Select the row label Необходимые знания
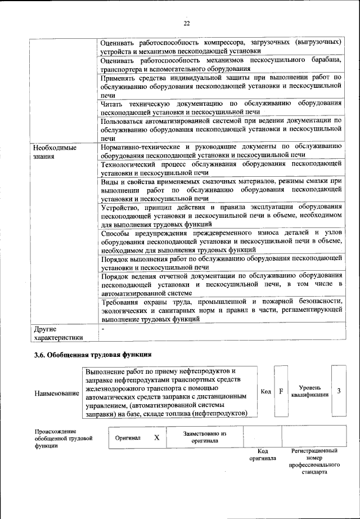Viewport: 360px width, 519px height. coord(55,151)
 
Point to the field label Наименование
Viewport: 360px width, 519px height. coord(56,393)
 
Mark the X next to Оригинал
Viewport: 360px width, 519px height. coord(157,437)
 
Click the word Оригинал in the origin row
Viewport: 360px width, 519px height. coord(128,437)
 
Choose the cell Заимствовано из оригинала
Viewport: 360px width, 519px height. coord(204,437)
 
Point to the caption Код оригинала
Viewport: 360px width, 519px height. coord(262,455)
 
